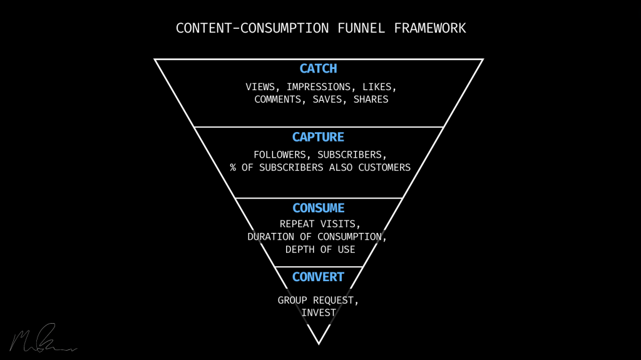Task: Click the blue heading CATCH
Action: point(318,69)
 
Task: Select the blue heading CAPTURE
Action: point(318,137)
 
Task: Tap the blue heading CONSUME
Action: point(318,208)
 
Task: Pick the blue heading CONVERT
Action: point(318,277)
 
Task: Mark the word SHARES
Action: point(371,100)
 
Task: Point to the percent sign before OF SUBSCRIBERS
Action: point(233,168)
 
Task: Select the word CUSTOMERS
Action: point(384,168)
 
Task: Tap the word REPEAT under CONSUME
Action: point(298,224)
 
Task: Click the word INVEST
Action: point(318,312)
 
